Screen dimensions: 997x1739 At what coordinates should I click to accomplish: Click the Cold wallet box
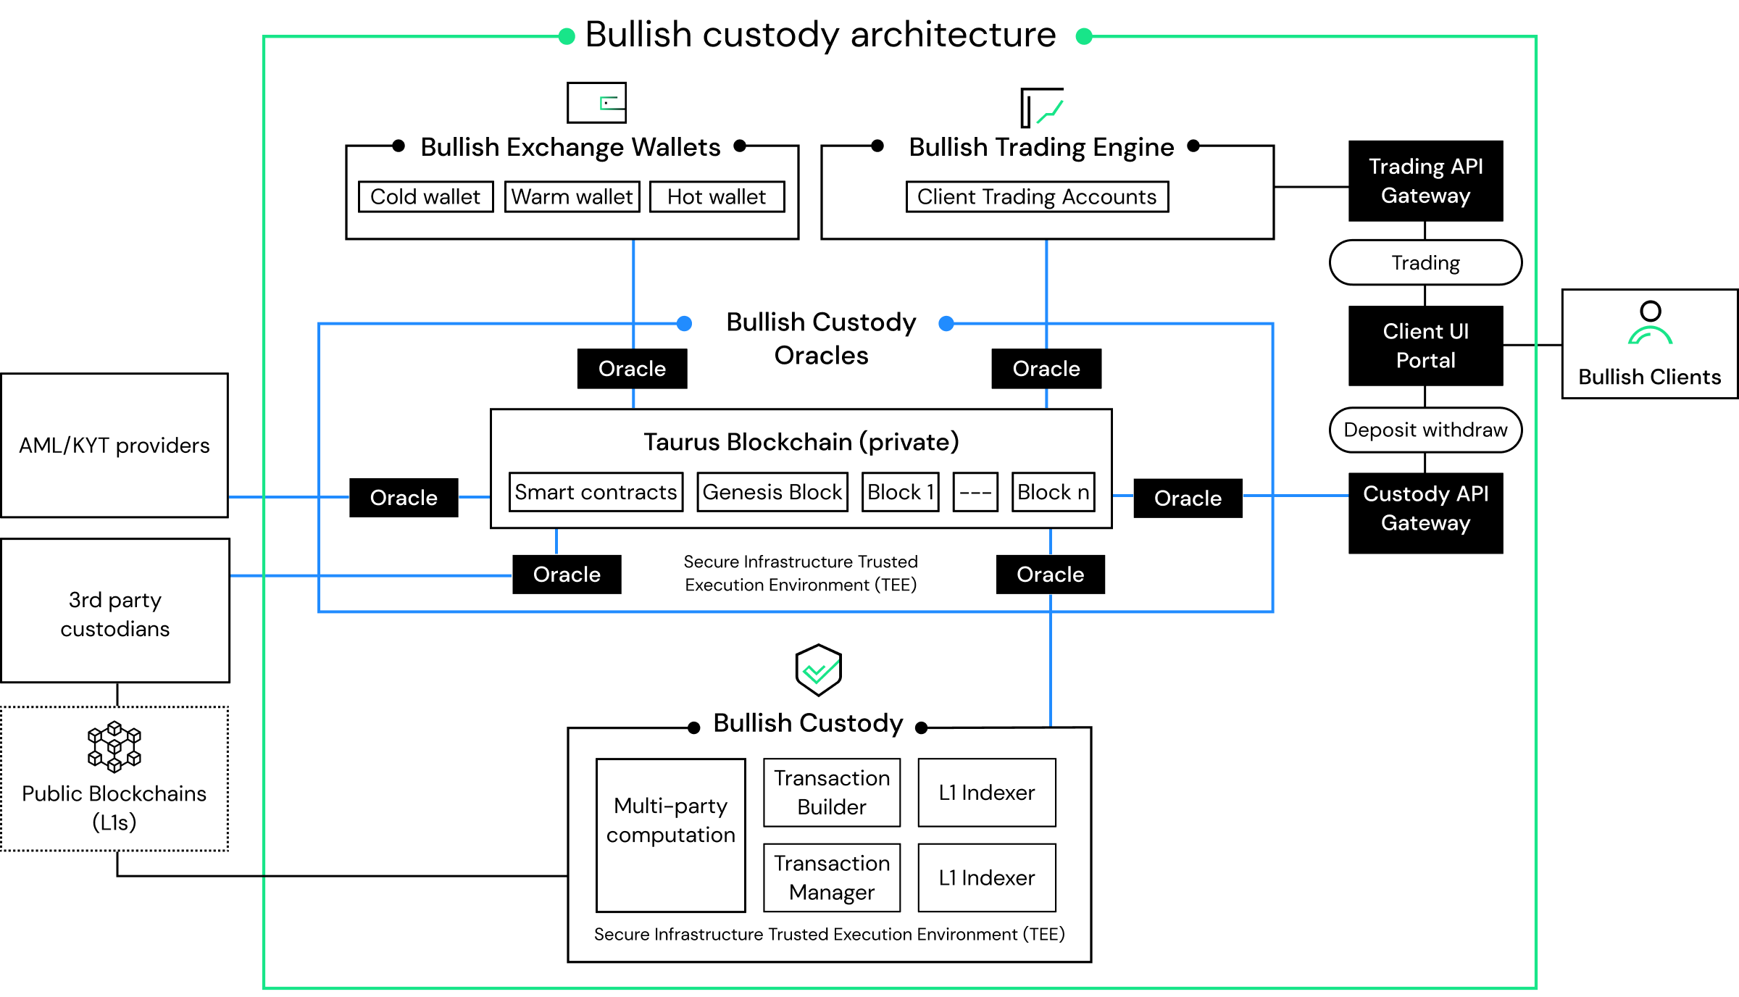[425, 196]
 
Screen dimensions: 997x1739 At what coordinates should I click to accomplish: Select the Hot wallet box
[717, 196]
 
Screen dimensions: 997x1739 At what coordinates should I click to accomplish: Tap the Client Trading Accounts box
[1037, 196]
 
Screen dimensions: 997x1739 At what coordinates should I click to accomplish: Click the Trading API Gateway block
[1425, 181]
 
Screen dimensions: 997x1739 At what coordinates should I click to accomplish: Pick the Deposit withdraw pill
[1425, 430]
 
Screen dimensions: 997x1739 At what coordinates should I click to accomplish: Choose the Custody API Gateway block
[1425, 512]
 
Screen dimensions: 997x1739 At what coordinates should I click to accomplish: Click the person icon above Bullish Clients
[1650, 323]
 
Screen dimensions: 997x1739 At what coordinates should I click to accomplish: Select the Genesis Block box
[772, 492]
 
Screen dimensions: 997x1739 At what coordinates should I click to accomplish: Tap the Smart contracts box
[596, 492]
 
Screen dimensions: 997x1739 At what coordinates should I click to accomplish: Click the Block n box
[1053, 492]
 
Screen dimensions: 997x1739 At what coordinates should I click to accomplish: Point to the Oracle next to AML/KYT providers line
[404, 498]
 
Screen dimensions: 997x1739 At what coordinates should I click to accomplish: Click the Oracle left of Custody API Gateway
[1188, 498]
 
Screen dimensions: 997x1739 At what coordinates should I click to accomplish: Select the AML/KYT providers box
[114, 445]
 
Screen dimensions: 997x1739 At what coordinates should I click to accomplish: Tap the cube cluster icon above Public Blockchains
[114, 746]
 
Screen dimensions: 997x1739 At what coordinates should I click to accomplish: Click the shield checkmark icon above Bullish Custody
[818, 670]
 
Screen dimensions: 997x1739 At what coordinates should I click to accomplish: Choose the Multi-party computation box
[671, 835]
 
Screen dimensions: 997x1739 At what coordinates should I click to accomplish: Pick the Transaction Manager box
[832, 877]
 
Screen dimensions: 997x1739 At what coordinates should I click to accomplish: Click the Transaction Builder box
[832, 792]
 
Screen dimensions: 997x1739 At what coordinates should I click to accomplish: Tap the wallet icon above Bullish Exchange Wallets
[596, 103]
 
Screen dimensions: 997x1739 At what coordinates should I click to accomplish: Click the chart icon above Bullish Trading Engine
[1042, 107]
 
